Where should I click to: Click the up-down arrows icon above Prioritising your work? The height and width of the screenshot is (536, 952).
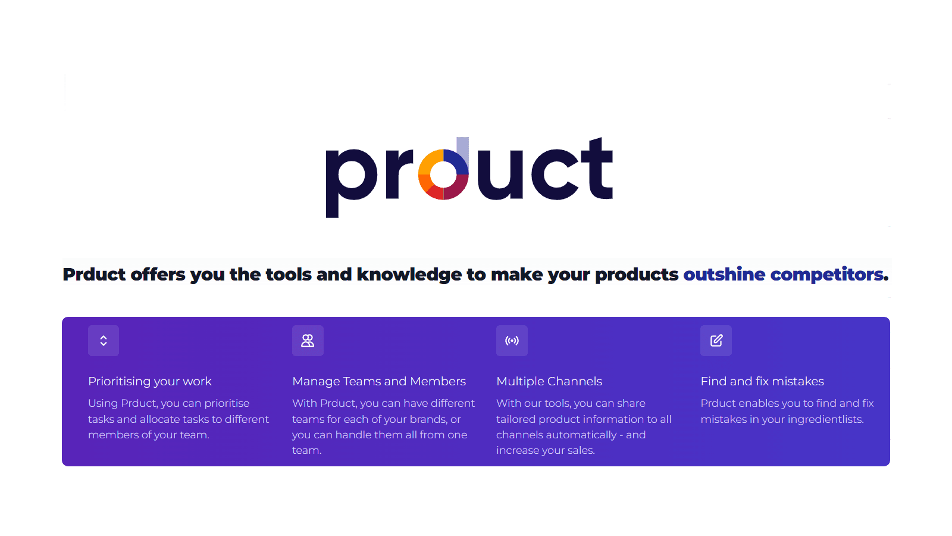point(104,341)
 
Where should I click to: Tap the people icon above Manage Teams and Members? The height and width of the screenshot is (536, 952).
point(308,341)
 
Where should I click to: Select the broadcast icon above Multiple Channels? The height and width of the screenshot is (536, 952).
point(512,341)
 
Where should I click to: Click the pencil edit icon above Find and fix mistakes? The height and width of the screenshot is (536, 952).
point(716,341)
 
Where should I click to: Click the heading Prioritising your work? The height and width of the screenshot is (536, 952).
point(150,381)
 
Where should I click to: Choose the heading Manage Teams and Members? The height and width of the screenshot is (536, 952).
point(379,381)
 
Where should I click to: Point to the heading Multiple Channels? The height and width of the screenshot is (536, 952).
point(549,381)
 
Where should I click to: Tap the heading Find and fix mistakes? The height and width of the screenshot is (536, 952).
point(762,381)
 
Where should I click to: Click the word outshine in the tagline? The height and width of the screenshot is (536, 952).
point(724,274)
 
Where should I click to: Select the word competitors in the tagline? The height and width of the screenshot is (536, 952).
point(826,274)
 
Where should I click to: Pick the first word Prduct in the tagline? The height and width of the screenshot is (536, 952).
point(94,274)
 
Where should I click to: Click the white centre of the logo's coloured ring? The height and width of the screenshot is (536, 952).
point(443,174)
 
